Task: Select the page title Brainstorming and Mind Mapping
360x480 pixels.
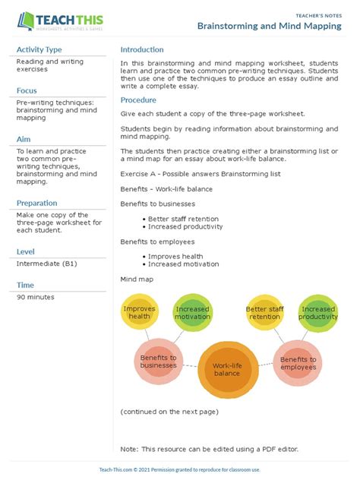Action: pyautogui.click(x=269, y=25)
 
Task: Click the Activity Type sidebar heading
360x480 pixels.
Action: pyautogui.click(x=39, y=49)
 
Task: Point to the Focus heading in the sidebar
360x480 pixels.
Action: pyautogui.click(x=27, y=90)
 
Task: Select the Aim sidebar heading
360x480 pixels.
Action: pyautogui.click(x=24, y=139)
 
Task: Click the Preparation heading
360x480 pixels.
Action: pyautogui.click(x=37, y=203)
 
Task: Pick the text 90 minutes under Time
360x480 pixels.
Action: pyautogui.click(x=36, y=297)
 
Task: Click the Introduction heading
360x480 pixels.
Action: pyautogui.click(x=142, y=49)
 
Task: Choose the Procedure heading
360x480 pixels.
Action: pyautogui.click(x=138, y=99)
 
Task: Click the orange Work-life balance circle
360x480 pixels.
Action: pyautogui.click(x=226, y=369)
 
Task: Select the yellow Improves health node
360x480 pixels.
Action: pyautogui.click(x=139, y=313)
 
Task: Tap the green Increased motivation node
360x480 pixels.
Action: pyautogui.click(x=192, y=313)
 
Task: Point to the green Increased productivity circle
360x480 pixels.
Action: pyautogui.click(x=317, y=313)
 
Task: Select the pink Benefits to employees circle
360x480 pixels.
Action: pyautogui.click(x=298, y=362)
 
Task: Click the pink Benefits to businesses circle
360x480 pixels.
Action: pyautogui.click(x=158, y=362)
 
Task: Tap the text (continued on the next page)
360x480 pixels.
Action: pyautogui.click(x=169, y=412)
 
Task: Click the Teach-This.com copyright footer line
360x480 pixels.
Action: pyautogui.click(x=179, y=470)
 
